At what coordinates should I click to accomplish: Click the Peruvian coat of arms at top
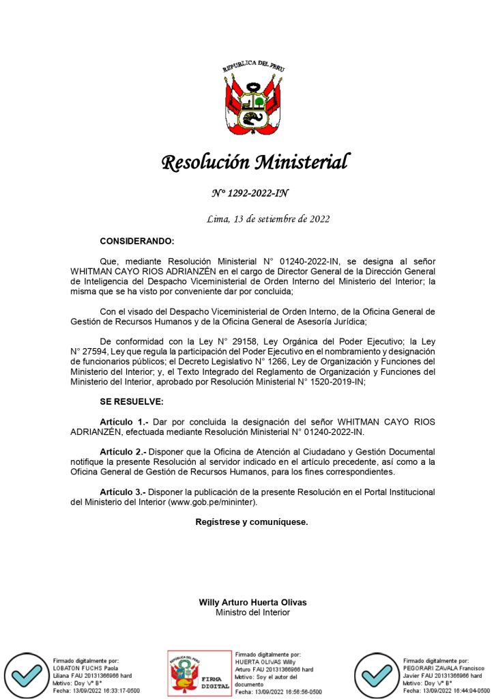click(253, 100)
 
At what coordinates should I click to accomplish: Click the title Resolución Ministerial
click(255, 162)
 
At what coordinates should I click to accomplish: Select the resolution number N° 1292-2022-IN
click(250, 193)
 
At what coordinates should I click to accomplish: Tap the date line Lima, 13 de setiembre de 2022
click(268, 219)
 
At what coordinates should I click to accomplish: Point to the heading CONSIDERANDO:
click(136, 242)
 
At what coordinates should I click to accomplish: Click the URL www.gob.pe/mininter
click(212, 502)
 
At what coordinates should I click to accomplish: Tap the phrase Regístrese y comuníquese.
click(251, 522)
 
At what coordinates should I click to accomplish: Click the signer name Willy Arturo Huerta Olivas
click(252, 603)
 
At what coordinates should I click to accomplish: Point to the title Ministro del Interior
click(252, 612)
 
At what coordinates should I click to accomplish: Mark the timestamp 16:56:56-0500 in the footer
click(295, 691)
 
